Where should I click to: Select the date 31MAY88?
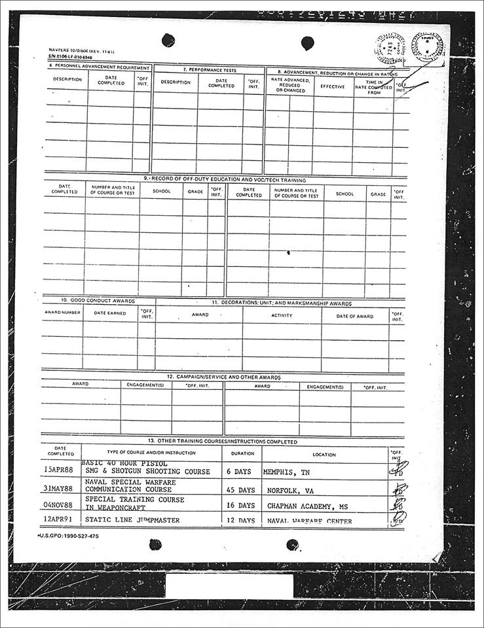click(58, 489)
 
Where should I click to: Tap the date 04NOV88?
click(58, 506)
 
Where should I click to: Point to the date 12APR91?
click(58, 521)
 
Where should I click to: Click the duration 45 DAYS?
click(241, 489)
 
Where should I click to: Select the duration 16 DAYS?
click(241, 506)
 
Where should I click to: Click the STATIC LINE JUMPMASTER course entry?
click(132, 521)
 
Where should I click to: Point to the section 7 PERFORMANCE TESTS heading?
click(209, 69)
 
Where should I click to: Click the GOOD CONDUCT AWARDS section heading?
click(98, 301)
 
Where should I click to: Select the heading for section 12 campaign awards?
click(223, 377)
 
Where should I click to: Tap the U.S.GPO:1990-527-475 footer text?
click(69, 536)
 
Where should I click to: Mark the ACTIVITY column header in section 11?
click(282, 315)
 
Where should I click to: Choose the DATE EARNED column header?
click(109, 313)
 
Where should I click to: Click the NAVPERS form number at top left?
click(73, 50)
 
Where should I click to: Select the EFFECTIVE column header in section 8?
click(333, 86)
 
